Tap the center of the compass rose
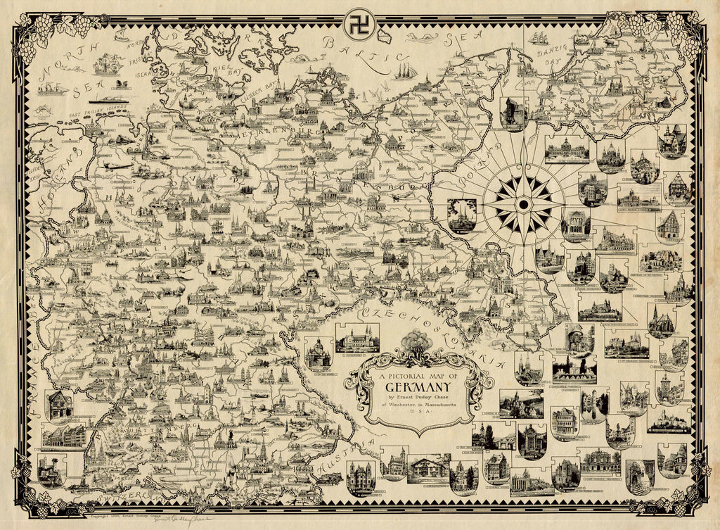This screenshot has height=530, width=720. (523, 204)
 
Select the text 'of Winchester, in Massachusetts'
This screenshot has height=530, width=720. (420, 412)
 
